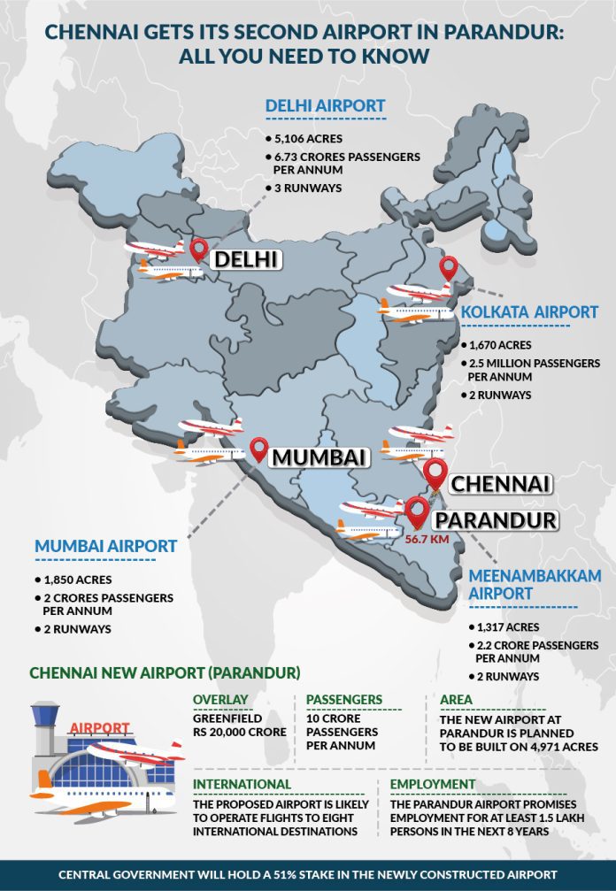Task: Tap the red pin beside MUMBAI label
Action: tap(258, 449)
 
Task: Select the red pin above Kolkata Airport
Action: tap(448, 267)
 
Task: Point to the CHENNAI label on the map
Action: tap(501, 484)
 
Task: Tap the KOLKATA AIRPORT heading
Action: tap(529, 312)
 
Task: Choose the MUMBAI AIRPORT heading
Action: tap(105, 547)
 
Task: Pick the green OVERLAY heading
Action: tap(220, 701)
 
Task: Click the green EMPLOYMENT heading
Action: tap(436, 784)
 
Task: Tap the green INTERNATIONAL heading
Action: tap(243, 784)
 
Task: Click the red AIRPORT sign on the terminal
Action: tap(99, 728)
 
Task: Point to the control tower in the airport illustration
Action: tap(46, 726)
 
